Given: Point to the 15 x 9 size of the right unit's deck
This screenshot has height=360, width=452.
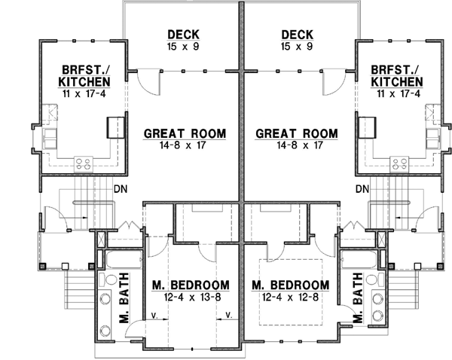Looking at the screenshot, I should (296, 47).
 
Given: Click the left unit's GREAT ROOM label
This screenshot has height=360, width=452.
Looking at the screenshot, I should (185, 134).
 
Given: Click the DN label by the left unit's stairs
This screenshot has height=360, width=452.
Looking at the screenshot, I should (120, 189).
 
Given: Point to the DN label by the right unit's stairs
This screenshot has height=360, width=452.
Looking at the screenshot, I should (362, 189).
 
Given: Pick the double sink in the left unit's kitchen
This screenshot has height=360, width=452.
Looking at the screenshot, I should (50, 138).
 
